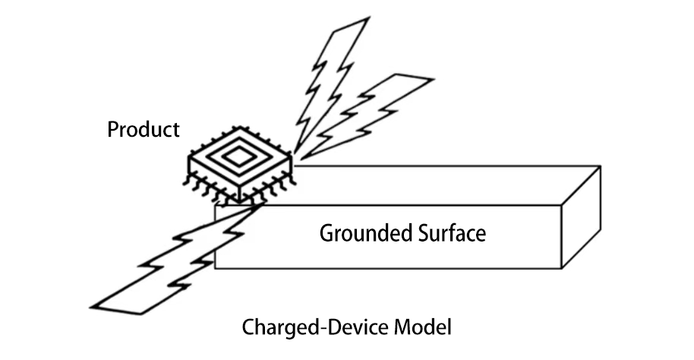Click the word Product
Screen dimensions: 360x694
[x=144, y=130]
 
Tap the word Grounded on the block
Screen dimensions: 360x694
[x=362, y=233]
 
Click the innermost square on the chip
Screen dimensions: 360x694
[x=240, y=157]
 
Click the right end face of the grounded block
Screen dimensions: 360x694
[x=581, y=217]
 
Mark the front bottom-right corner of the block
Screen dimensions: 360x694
[x=561, y=268]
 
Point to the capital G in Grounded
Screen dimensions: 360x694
[x=326, y=232]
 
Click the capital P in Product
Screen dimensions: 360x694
[x=112, y=130]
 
